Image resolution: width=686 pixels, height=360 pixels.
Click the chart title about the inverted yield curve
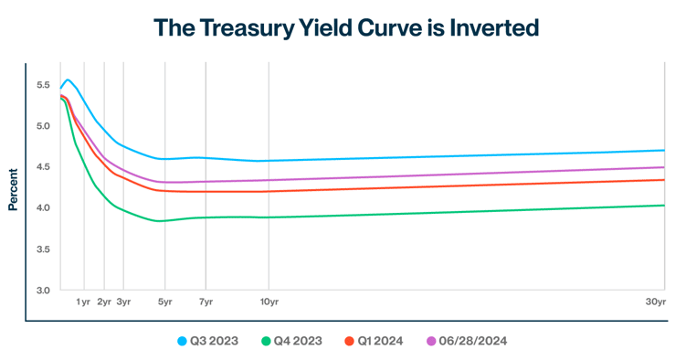coord(346,28)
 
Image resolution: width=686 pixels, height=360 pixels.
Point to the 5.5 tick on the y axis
coord(42,85)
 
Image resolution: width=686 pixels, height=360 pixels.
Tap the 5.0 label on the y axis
coord(42,126)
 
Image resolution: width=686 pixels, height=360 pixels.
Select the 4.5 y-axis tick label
coord(42,167)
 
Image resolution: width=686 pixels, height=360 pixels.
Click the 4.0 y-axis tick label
coord(42,208)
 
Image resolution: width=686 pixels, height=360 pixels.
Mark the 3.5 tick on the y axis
coord(42,249)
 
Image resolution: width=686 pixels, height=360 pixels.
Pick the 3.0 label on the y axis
coord(42,291)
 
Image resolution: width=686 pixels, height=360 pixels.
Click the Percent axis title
coord(14,188)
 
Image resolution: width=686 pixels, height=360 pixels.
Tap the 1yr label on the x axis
coord(83,302)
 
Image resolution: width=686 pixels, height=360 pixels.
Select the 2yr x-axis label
coord(104,302)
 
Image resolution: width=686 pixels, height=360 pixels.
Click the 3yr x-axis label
coord(123,302)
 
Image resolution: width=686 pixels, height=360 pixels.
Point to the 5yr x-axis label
coord(164,302)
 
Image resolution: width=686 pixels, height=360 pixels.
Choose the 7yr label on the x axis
coord(206,302)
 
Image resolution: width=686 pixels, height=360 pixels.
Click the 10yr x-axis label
coord(269,302)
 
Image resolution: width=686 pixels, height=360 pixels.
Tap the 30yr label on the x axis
coord(656,302)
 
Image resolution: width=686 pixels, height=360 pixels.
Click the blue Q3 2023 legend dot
coord(183,341)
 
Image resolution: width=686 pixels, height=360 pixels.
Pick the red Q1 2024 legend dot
coord(349,341)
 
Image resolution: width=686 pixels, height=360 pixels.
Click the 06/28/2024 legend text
coord(472,341)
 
